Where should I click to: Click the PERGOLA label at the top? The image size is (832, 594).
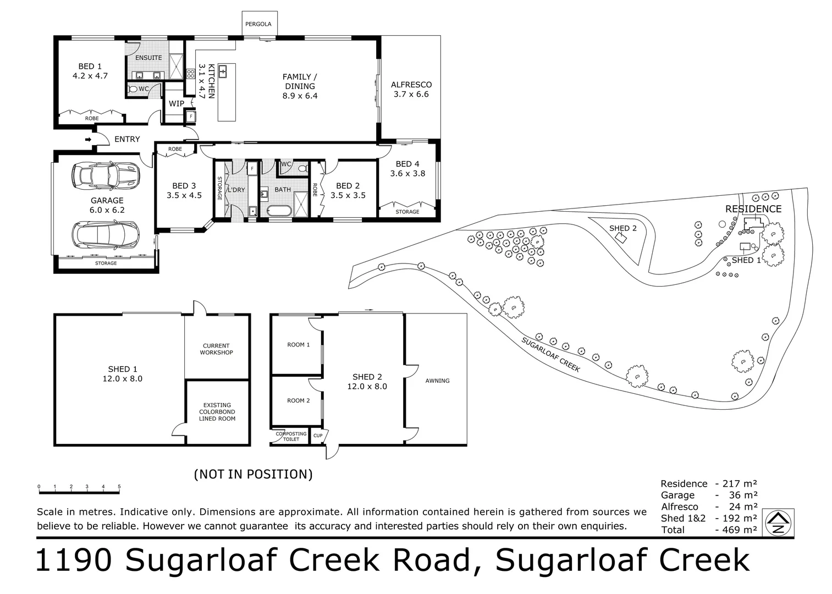point(258,24)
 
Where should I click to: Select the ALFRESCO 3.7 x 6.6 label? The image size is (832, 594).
point(411,90)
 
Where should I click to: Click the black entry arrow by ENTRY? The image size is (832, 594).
point(88,140)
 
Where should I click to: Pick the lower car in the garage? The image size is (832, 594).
point(106,235)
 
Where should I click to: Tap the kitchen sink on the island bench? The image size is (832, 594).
point(223,71)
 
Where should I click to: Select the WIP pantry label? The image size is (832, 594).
point(177,103)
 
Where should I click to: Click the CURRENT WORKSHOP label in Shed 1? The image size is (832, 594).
point(216,349)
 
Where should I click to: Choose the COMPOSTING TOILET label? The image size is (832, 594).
point(291,437)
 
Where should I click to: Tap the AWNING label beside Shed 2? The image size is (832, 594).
point(437,381)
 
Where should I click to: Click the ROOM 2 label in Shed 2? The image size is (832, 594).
point(298,400)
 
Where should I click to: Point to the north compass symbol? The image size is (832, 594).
point(778,522)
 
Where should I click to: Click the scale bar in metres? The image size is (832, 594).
point(79,493)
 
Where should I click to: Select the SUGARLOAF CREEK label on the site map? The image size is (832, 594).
point(550,354)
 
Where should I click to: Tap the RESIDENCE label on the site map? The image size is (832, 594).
point(753,209)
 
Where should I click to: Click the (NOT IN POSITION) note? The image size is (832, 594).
point(254,475)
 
